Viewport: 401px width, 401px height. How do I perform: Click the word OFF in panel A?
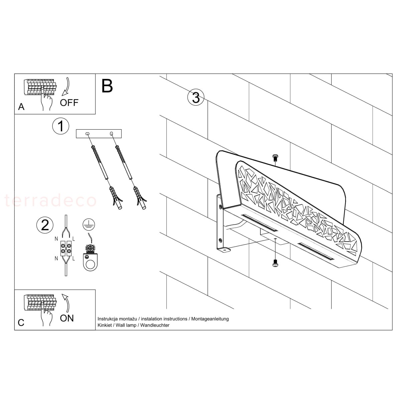69,103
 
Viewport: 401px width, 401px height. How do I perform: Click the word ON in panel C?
67,318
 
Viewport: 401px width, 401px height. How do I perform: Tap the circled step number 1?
60,126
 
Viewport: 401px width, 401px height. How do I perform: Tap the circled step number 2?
45,225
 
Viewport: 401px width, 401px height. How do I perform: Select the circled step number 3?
196,97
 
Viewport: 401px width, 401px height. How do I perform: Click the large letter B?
107,86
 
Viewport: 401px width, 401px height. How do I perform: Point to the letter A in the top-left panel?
21,107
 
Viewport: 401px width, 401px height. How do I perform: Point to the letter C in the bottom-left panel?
21,322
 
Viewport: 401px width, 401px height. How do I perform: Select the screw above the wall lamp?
275,158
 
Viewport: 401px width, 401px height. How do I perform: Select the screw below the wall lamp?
275,263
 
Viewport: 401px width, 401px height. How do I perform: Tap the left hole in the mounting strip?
88,133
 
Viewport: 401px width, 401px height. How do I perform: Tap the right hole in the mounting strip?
112,133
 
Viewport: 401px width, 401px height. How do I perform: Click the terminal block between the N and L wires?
66,249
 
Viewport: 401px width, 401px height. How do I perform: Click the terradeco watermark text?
50,200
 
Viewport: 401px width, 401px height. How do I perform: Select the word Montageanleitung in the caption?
210,319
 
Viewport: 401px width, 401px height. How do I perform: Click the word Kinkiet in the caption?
105,325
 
